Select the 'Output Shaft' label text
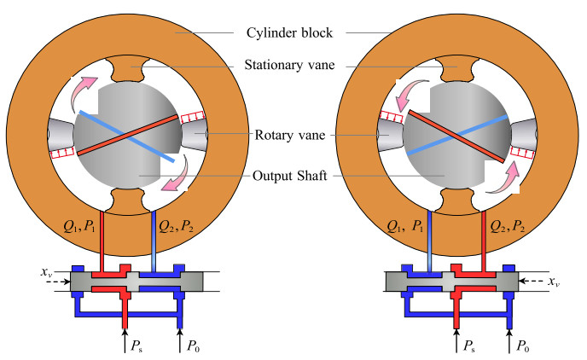pyautogui.click(x=291, y=177)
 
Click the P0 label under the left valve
pyautogui.click(x=188, y=345)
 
